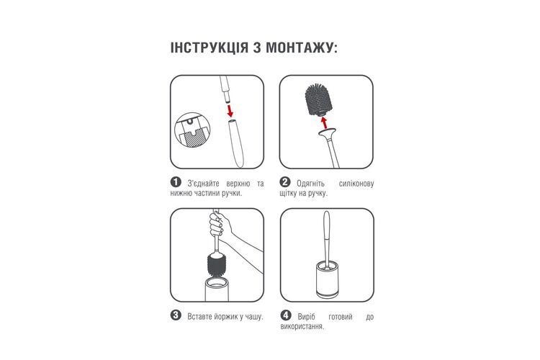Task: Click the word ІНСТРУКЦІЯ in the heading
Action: (209, 48)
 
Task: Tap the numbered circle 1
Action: (176, 182)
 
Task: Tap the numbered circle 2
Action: (285, 182)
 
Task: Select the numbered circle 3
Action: (176, 315)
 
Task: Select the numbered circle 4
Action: (286, 315)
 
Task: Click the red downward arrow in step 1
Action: (230, 111)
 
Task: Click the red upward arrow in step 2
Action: (323, 122)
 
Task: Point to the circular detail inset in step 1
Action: (192, 130)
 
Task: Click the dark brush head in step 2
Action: (318, 99)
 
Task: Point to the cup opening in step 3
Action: (217, 283)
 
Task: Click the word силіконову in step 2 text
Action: (356, 184)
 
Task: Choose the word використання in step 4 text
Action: (302, 327)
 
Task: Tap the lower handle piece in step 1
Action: (237, 143)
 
